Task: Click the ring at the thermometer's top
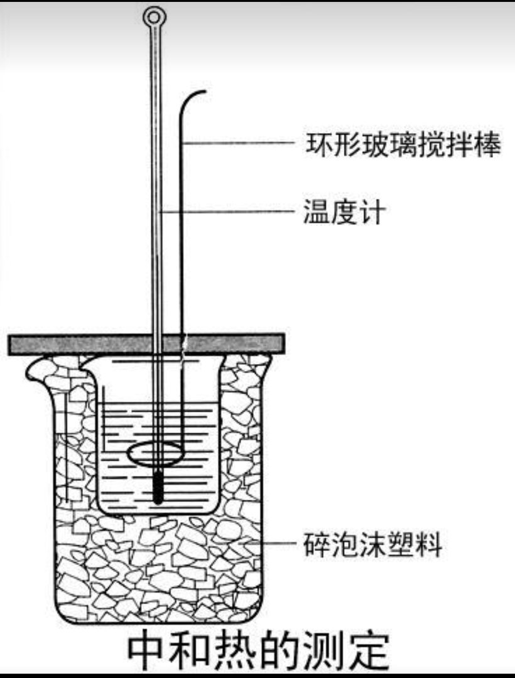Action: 154,14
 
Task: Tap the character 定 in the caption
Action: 368,652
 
